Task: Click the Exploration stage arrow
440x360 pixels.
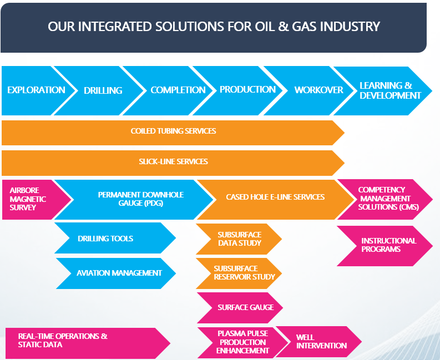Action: click(36, 90)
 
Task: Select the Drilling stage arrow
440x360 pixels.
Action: click(103, 90)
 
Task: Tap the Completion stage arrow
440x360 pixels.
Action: click(178, 90)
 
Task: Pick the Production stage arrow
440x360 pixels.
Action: click(247, 89)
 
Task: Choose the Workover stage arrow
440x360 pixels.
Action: click(318, 90)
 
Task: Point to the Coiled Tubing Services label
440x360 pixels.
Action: click(173, 131)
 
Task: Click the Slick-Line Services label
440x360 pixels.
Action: click(173, 161)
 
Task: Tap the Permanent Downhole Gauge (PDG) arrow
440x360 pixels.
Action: click(140, 199)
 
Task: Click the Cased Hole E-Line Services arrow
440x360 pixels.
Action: click(275, 197)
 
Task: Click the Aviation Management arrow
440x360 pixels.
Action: click(119, 273)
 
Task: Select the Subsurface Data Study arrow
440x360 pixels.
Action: click(239, 239)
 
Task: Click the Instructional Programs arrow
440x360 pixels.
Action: click(388, 245)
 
